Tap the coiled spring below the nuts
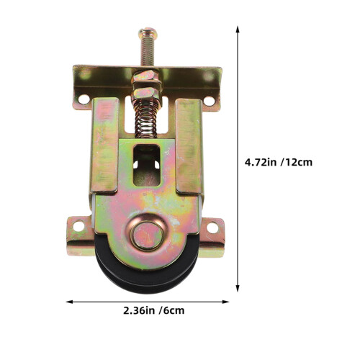[146, 119]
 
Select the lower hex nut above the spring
[145, 93]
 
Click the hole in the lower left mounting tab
[78, 226]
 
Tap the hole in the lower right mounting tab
[212, 228]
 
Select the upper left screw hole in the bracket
[84, 99]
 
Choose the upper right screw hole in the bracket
[209, 101]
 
